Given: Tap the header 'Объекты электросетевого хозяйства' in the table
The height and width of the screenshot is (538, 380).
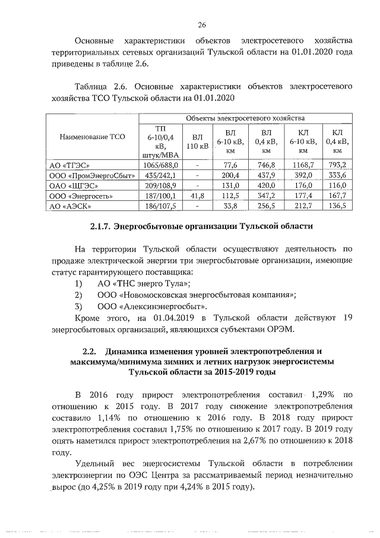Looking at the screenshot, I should coord(244,119).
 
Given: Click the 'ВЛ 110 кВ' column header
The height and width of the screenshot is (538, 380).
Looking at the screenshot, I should coord(197,141).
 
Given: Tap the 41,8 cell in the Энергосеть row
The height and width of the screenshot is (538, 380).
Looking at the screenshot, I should coord(197,196).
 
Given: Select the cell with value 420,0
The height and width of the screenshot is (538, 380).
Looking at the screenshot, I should coord(266,185).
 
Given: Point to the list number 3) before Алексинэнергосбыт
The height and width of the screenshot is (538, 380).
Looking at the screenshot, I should coord(77,307).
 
